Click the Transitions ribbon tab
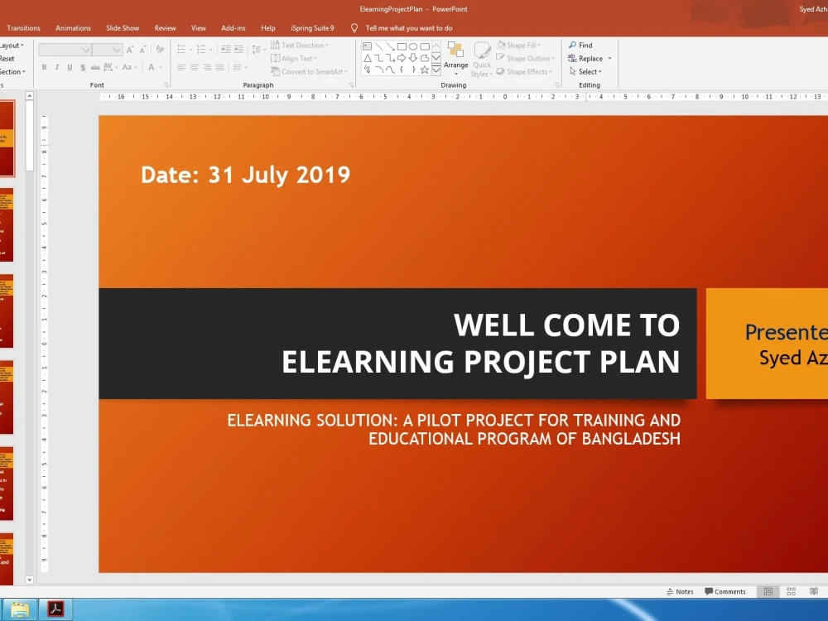pyautogui.click(x=23, y=28)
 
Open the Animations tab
pyautogui.click(x=73, y=28)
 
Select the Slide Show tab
pyautogui.click(x=123, y=28)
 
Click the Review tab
pyautogui.click(x=165, y=28)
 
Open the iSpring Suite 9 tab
pyautogui.click(x=312, y=28)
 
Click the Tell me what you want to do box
pyautogui.click(x=409, y=28)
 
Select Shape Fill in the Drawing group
pyautogui.click(x=520, y=46)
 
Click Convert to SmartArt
pyautogui.click(x=312, y=72)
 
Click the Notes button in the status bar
pyautogui.click(x=680, y=592)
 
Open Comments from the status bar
pyautogui.click(x=725, y=592)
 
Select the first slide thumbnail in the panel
pyautogui.click(x=7, y=138)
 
